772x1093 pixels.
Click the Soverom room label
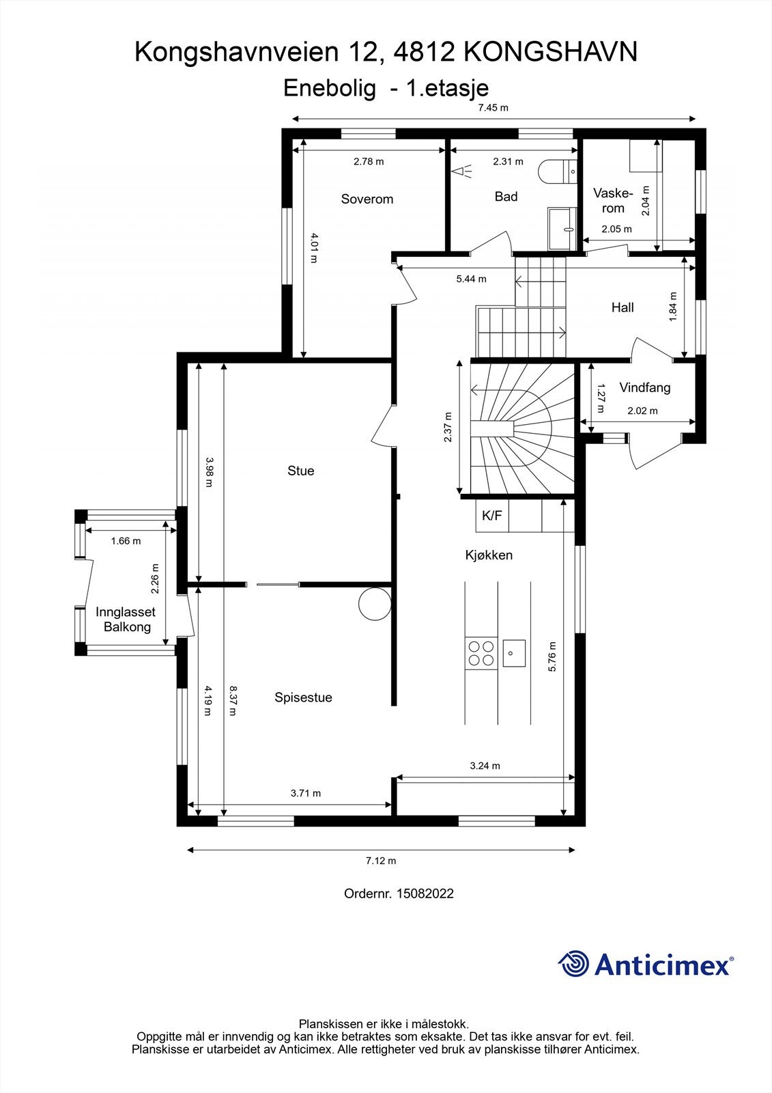367,199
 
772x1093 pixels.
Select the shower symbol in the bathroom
461,171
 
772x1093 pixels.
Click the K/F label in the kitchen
491,515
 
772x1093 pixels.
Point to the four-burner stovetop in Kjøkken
481,653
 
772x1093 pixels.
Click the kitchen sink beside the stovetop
514,653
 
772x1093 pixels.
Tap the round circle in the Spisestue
375,604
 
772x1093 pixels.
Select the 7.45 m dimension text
493,108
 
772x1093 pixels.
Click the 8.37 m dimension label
233,700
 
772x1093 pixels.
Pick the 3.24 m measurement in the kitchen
485,766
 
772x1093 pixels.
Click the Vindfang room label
645,387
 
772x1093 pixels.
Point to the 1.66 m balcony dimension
126,540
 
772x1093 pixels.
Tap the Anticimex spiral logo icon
573,963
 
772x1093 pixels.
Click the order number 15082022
425,894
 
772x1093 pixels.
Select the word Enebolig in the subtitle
330,89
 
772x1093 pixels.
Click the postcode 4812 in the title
423,52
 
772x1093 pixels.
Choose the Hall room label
623,307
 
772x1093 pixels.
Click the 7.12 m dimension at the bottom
381,861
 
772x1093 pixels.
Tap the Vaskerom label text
613,201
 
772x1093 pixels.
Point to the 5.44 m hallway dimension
471,279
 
